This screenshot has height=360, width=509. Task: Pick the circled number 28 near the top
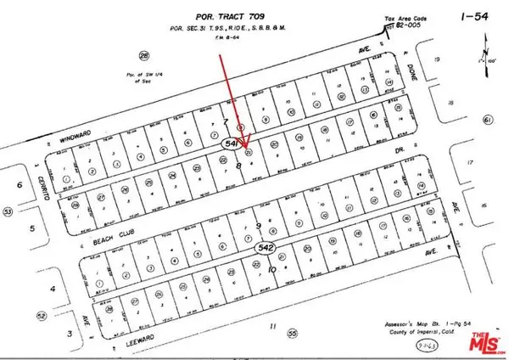pos(145,55)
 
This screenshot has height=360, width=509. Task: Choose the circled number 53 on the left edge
pos(8,210)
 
